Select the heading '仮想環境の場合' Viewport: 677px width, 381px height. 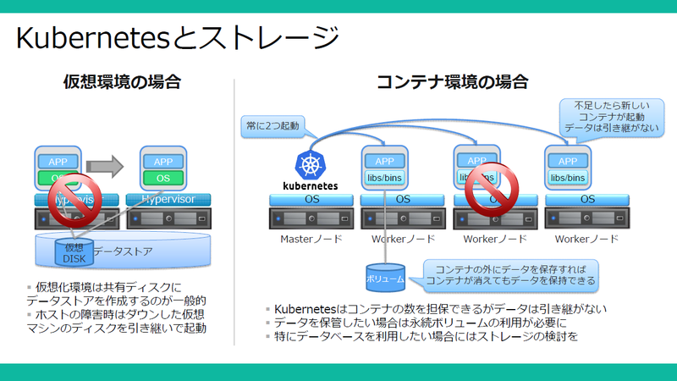coord(122,82)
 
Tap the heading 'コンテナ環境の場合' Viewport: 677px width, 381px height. coord(452,82)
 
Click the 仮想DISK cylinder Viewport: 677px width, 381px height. coord(74,253)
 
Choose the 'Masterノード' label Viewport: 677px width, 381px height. coord(311,240)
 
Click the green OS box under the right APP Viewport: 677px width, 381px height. coord(162,178)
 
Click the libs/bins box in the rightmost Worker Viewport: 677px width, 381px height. coord(568,178)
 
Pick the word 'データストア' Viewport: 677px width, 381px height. coord(122,251)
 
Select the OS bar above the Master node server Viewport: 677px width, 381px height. coord(311,200)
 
